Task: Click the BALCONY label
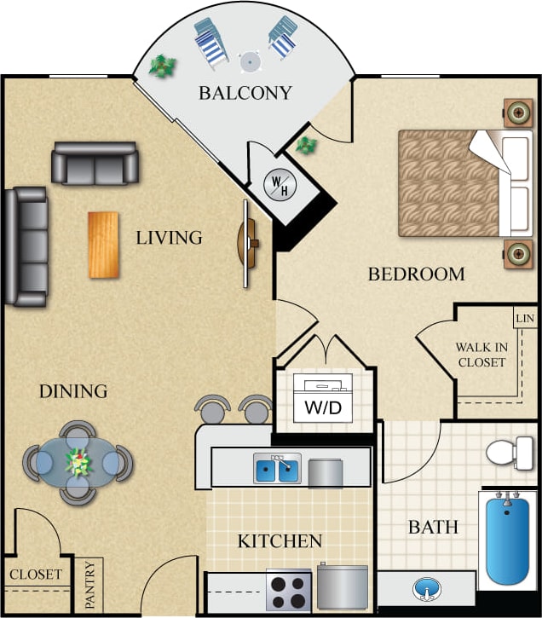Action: click(245, 93)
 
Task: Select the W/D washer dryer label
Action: click(323, 407)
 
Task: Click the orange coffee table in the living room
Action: click(103, 245)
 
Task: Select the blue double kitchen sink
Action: click(276, 468)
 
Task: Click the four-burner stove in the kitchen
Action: click(288, 590)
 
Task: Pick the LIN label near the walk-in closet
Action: click(524, 319)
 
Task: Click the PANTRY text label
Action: click(91, 586)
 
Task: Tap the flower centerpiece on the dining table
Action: click(79, 463)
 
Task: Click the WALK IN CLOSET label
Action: click(481, 355)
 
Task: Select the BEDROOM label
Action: click(416, 274)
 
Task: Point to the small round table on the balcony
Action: click(250, 61)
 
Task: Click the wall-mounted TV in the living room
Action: click(248, 244)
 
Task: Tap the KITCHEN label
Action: click(280, 541)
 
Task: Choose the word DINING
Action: click(73, 392)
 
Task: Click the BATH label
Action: click(433, 528)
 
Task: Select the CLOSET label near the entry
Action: click(36, 575)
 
